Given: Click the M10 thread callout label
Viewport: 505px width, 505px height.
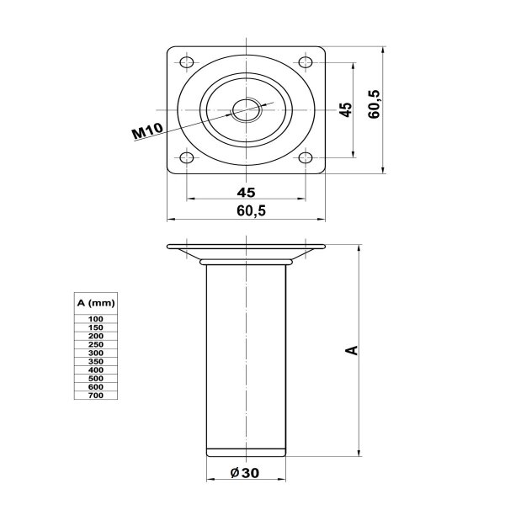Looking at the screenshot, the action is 148,131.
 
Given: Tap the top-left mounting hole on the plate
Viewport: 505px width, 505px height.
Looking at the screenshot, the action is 187,62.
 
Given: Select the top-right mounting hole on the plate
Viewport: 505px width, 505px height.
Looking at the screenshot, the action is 306,61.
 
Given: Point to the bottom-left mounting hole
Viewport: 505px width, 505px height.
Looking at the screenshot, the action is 187,157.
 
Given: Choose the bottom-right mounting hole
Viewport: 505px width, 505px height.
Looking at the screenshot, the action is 306,157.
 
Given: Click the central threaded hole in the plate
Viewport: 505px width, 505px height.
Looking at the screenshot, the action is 247,109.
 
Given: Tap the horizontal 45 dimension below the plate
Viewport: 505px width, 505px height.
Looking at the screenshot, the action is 246,192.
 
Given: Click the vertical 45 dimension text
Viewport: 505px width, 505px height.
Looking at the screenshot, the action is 346,109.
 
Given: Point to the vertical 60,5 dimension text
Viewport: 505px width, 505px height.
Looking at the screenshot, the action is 375,104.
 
